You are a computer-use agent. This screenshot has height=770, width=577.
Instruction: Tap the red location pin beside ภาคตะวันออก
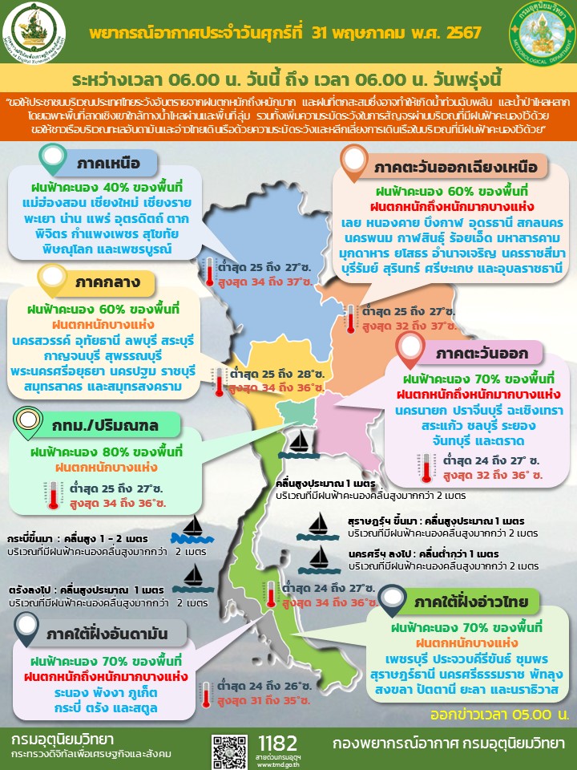pos(410,346)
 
